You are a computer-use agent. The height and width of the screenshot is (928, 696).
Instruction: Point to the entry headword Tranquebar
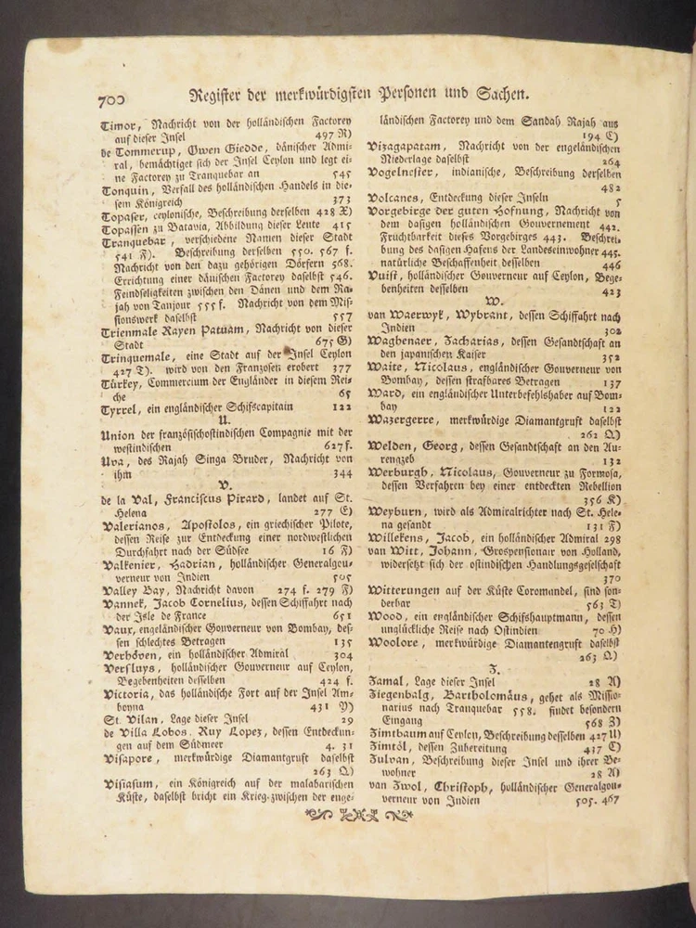(136, 243)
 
